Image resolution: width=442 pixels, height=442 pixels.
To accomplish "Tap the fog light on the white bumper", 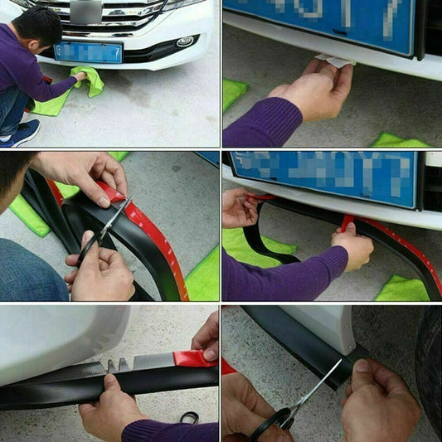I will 184,41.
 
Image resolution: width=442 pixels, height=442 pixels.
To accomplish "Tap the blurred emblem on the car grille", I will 86,11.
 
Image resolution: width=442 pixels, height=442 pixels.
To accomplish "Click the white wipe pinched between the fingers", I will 335,61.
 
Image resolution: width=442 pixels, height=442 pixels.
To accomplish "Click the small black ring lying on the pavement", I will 190,417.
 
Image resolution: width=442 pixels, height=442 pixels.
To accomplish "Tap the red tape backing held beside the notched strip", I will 192,358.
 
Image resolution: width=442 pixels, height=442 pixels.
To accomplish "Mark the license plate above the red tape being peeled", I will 323,178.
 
